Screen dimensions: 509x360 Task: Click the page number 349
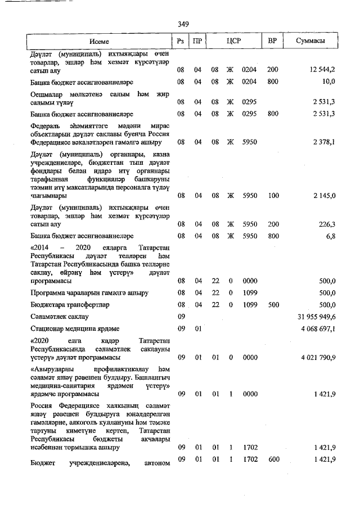pos(182,24)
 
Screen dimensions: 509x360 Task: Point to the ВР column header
pos(272,42)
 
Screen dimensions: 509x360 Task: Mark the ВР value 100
pos(273,195)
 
